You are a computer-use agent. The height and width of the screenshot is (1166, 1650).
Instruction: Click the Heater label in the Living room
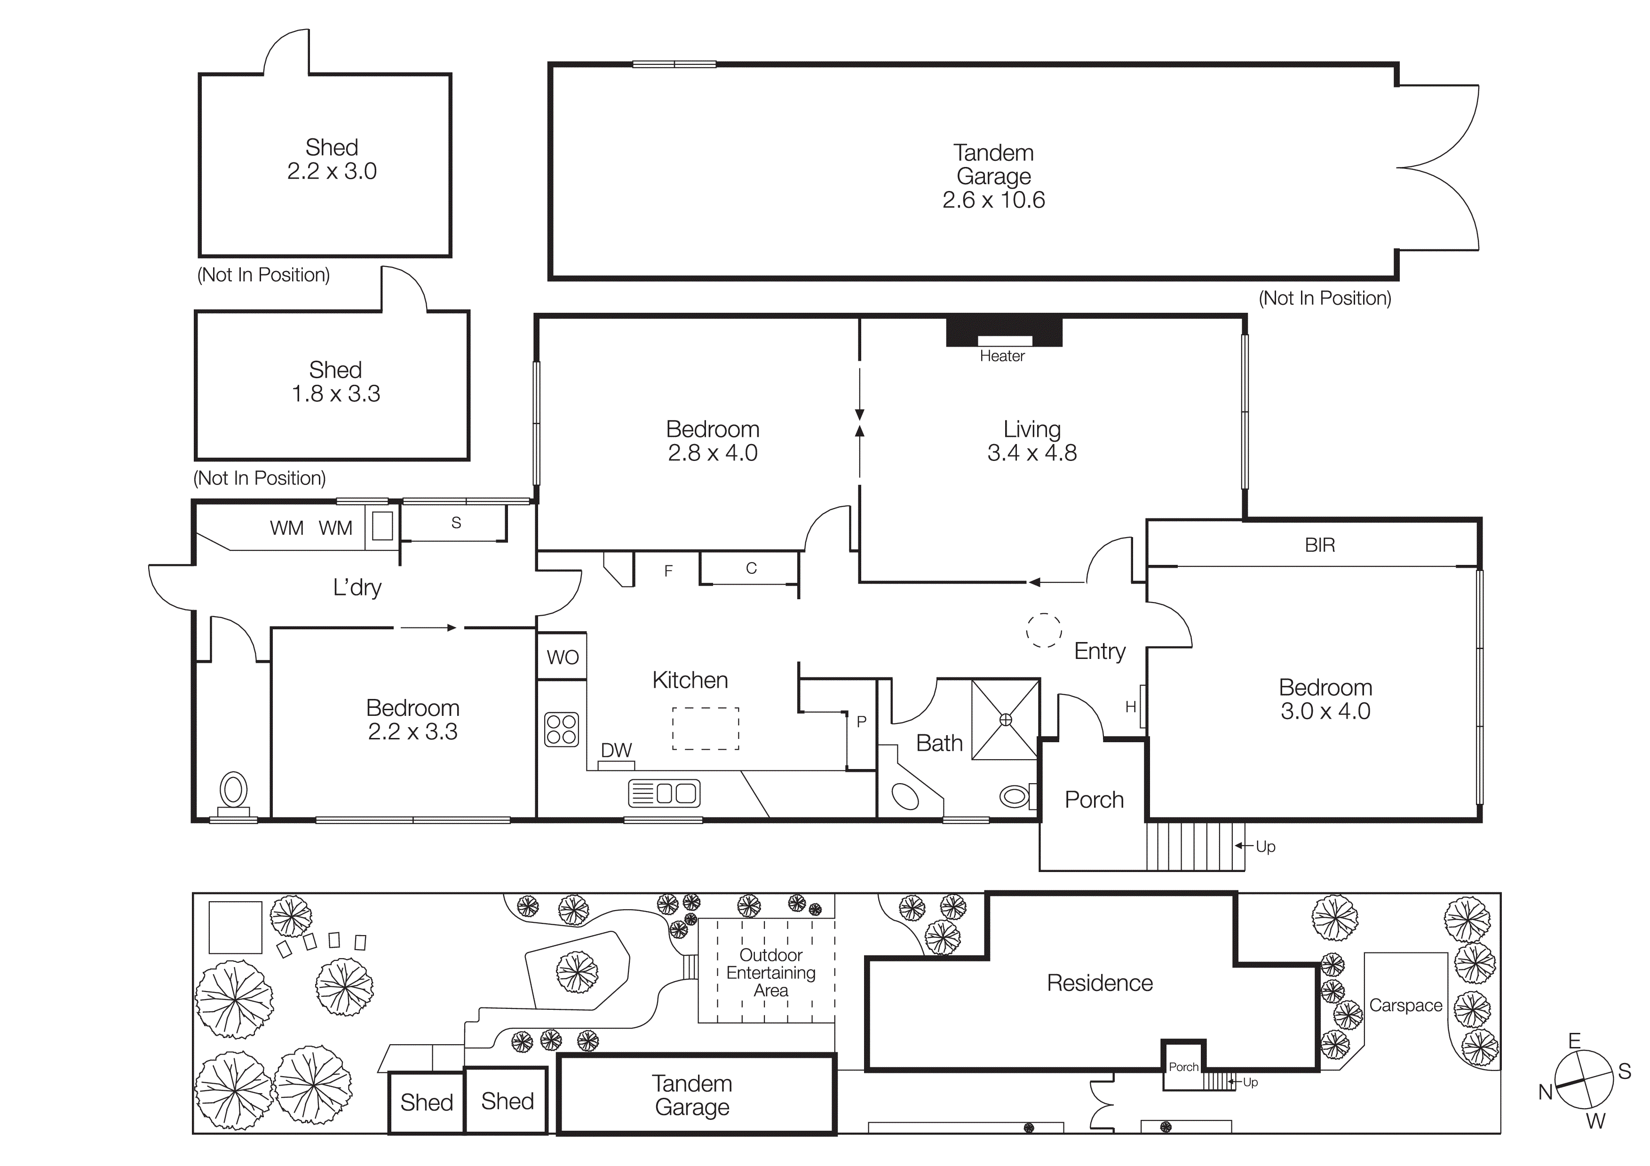point(1002,356)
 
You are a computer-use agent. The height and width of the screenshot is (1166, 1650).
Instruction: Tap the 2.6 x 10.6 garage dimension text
point(993,200)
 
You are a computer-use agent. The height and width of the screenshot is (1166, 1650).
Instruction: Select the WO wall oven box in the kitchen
point(562,657)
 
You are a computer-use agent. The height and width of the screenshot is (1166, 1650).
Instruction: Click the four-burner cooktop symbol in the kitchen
point(561,729)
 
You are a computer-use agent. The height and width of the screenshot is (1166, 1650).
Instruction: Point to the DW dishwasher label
point(616,750)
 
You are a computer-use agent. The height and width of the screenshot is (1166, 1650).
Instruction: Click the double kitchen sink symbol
point(664,793)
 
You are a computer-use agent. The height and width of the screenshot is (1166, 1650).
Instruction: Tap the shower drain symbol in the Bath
point(1005,719)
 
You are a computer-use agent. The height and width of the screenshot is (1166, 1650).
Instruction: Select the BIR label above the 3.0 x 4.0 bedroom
point(1319,545)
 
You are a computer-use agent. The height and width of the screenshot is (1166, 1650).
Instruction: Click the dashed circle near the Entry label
point(1043,631)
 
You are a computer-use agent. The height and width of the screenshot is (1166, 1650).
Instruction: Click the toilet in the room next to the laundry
point(234,791)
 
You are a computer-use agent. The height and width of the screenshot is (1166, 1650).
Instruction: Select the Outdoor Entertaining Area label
point(770,973)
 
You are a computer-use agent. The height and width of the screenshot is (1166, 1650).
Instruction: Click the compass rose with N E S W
point(1584,1080)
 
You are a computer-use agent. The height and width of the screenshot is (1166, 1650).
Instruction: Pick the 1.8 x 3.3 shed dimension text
point(336,394)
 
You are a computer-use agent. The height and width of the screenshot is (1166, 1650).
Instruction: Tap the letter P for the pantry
point(861,722)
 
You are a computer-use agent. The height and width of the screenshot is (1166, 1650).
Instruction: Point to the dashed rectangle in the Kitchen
point(705,729)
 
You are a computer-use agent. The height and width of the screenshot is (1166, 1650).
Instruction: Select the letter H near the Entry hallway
point(1130,707)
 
